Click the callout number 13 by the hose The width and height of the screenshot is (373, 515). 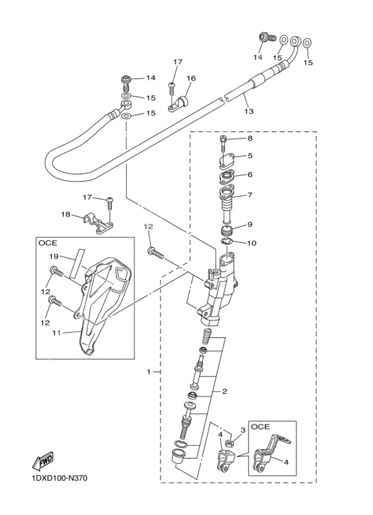[x=248, y=112]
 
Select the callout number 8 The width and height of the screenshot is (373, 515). [x=250, y=139]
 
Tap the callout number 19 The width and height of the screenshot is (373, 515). [x=54, y=257]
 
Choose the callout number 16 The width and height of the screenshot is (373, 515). [x=191, y=79]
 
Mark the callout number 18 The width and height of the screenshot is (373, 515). [x=66, y=214]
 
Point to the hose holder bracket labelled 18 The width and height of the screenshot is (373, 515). [x=97, y=224]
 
